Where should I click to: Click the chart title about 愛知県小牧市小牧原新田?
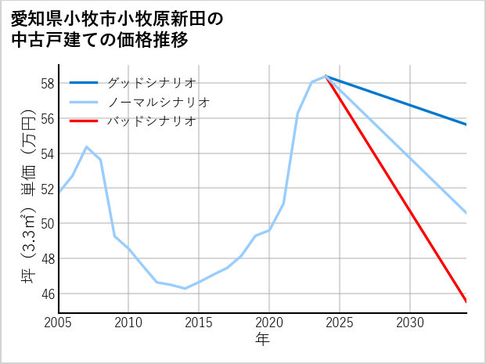point(117,29)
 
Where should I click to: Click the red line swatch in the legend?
point(84,121)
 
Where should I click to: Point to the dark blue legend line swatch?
point(84,82)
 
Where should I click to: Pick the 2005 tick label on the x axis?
point(58,323)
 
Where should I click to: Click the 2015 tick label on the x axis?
point(199,323)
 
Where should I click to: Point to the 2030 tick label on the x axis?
point(410,323)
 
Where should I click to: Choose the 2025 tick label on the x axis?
point(340,323)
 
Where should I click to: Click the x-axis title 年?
point(262,340)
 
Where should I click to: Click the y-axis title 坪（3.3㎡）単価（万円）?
point(27,196)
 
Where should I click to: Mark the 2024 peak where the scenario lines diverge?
point(326,76)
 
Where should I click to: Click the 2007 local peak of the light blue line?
point(86,146)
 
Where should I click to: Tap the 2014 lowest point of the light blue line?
point(185,288)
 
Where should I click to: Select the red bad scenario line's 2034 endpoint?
point(466,302)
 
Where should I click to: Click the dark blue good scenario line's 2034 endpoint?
point(466,124)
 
